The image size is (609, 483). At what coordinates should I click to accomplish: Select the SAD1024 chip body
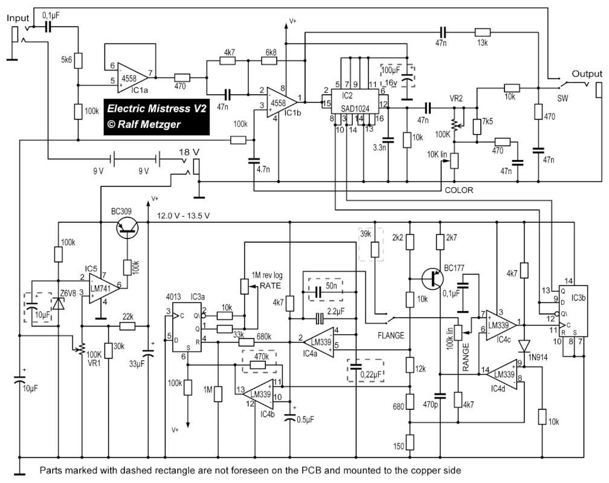coord(355,101)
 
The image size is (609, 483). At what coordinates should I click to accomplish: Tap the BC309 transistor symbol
coord(127,229)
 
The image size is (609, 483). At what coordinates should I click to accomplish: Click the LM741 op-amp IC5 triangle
coord(102,288)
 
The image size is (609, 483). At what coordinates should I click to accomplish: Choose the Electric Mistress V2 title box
coord(156,117)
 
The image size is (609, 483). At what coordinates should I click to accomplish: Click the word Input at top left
coord(18,18)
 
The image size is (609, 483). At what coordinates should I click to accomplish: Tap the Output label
coord(587,74)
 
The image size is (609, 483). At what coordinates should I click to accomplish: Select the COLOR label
coord(459,190)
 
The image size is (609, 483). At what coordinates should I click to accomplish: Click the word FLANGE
coord(391,335)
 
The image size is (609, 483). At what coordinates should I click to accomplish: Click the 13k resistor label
coord(482,43)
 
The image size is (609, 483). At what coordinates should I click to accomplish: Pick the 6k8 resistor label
coord(271,52)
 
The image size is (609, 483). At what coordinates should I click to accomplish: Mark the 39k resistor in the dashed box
coord(375,249)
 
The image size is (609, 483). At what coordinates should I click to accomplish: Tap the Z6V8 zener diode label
coord(68,293)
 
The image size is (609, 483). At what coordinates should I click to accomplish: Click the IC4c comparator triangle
coord(501,325)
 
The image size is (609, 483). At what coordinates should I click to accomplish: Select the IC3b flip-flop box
coord(573,311)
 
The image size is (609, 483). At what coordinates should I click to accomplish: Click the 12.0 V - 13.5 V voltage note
coord(183,216)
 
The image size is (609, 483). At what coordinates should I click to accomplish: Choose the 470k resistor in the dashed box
coord(259,365)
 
